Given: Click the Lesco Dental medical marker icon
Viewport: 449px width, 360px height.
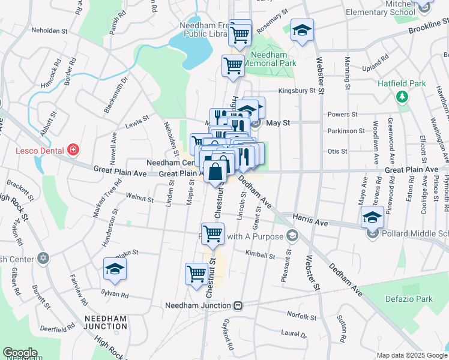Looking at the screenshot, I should pyautogui.click(x=73, y=149).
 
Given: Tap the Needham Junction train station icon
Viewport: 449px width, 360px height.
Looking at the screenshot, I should pyautogui.click(x=238, y=305).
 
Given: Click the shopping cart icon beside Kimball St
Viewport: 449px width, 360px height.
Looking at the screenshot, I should pyautogui.click(x=213, y=233).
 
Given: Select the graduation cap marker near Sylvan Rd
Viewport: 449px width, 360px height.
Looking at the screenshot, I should pyautogui.click(x=115, y=269).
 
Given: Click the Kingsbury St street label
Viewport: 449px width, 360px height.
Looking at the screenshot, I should pyautogui.click(x=297, y=91).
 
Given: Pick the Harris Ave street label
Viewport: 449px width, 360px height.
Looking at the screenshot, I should pyautogui.click(x=310, y=223).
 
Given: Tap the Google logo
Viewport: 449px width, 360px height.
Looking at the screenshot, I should pyautogui.click(x=20, y=353).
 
